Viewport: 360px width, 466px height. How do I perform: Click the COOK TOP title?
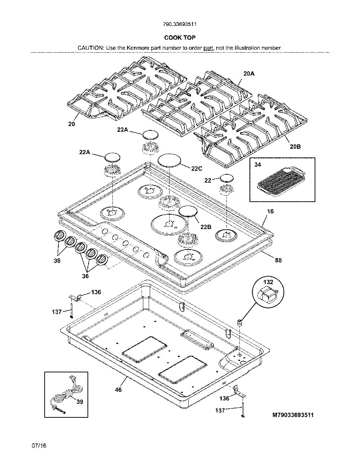point(180,37)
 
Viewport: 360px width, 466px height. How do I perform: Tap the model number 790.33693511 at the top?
point(180,24)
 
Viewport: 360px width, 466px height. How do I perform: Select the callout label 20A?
point(249,73)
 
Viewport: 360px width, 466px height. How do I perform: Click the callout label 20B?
point(295,147)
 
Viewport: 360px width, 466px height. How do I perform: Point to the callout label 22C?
point(197,169)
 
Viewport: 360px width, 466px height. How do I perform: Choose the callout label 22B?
point(206,227)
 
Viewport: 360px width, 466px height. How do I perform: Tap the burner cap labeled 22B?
point(188,211)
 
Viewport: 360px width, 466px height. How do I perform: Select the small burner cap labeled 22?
point(227,178)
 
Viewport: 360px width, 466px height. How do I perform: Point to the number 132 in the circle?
point(268,282)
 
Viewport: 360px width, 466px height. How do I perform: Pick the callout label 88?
point(278,260)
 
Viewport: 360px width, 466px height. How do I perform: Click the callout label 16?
point(270,211)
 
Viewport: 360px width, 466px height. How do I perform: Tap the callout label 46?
point(118,390)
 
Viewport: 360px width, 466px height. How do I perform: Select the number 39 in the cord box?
point(80,402)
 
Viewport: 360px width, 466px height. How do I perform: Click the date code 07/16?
point(39,446)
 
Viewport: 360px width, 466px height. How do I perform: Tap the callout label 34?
point(258,165)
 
